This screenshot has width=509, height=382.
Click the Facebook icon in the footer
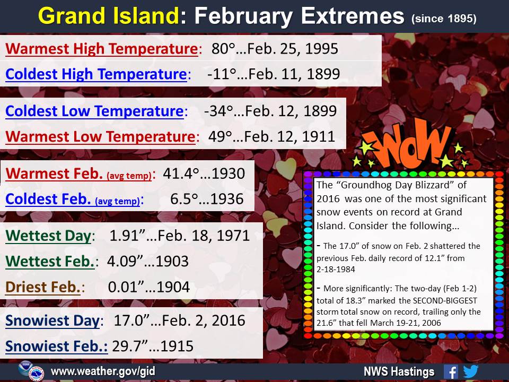[451, 371]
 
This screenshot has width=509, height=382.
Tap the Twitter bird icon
[470, 371]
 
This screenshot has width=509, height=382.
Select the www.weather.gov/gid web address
[103, 371]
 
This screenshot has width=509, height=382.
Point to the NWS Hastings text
[399, 371]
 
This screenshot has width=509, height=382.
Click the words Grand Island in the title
[109, 15]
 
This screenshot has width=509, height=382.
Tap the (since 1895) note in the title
[444, 19]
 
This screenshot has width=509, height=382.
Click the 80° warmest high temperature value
[223, 49]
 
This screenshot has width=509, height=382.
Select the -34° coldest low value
[218, 111]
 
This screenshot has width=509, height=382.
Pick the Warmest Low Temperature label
[100, 136]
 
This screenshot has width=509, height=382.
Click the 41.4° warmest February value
[180, 173]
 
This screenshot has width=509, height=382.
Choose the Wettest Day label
[48, 236]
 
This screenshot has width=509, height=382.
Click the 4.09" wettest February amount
[125, 261]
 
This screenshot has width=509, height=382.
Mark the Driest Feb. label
[43, 287]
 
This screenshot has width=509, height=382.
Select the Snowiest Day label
[52, 321]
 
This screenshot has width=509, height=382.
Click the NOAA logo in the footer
[25, 368]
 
